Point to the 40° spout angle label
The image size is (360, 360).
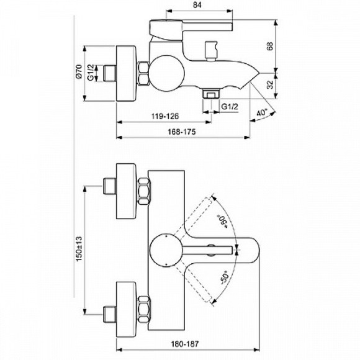(x=262, y=112)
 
